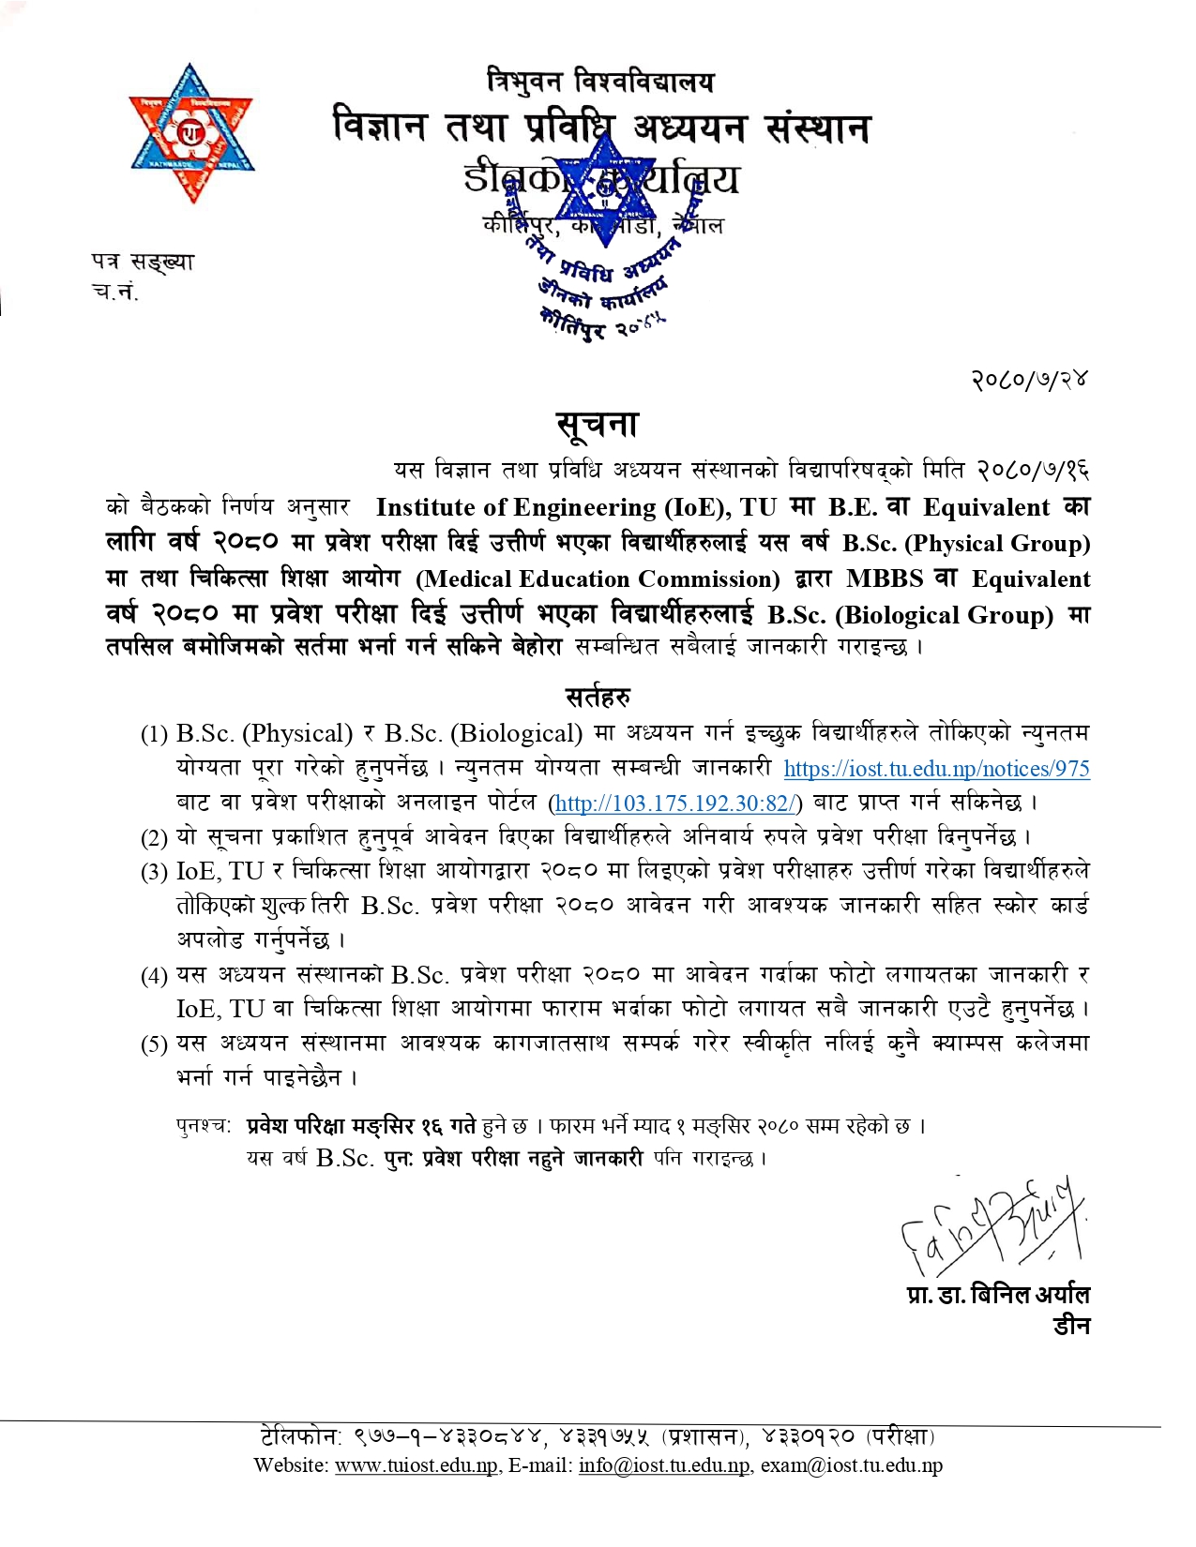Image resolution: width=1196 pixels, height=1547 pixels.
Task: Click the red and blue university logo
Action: pos(192,132)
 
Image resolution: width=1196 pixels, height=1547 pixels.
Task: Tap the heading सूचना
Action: pos(598,425)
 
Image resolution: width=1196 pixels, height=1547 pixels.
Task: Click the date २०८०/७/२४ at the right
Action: pos(1029,380)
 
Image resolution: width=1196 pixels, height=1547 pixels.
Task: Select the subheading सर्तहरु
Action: pos(598,697)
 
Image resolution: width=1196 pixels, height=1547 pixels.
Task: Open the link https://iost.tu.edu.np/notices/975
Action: pos(936,769)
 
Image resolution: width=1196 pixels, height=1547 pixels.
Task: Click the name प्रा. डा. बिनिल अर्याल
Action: pos(998,1295)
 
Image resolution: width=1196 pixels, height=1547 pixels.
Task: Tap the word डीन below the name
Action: pos(1070,1326)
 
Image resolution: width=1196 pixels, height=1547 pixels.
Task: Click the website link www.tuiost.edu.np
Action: pos(416,1465)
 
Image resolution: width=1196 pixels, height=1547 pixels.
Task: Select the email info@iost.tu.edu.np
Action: pos(664,1465)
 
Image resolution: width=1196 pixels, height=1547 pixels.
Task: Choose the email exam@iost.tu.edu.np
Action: pos(851,1465)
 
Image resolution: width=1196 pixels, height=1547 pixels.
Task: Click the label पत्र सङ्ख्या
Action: pos(143,262)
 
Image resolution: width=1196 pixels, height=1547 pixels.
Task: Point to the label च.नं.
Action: pos(114,292)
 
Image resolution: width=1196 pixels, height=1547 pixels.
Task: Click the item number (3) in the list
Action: pos(154,873)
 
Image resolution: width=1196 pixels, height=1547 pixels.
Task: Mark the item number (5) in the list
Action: pos(154,1044)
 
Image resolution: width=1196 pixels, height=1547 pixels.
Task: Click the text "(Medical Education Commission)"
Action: pos(598,579)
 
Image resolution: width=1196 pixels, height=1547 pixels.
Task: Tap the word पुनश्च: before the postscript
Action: pos(203,1125)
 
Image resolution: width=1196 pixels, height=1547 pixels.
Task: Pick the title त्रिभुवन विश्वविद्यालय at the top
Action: pos(600,83)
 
